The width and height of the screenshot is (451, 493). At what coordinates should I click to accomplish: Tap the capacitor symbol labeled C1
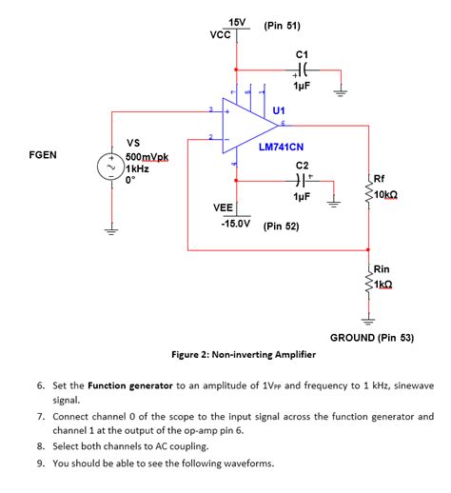(302, 69)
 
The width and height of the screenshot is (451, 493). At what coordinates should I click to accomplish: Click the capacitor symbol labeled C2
(302, 179)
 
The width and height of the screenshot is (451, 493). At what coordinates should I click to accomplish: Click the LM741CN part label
(281, 148)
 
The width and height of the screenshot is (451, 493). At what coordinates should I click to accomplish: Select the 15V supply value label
(237, 22)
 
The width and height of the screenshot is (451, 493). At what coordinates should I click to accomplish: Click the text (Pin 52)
(281, 227)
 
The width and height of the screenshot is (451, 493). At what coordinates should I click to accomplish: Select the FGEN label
(44, 154)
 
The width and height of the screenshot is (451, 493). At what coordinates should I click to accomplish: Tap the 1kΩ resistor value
(384, 285)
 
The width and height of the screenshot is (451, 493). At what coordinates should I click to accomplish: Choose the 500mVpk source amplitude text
(147, 156)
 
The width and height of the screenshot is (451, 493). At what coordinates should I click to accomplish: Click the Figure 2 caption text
(244, 354)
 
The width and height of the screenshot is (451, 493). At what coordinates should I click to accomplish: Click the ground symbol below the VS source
(112, 229)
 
